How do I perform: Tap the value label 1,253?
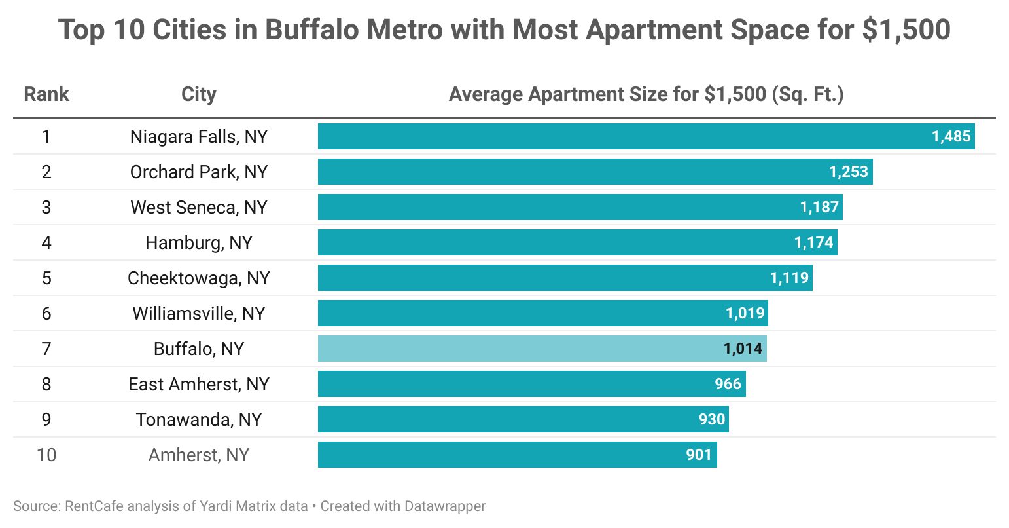(x=849, y=172)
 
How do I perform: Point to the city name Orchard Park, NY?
(x=199, y=172)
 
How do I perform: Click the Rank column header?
(x=46, y=94)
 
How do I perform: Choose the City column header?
(x=199, y=94)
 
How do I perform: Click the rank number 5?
(x=46, y=278)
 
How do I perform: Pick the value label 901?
(x=699, y=455)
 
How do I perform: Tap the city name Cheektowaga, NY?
(x=199, y=278)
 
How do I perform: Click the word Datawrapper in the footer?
(x=445, y=506)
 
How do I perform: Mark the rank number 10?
(x=46, y=455)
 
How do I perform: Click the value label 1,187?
(x=819, y=207)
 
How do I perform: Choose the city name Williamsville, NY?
(x=199, y=313)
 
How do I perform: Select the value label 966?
(x=728, y=384)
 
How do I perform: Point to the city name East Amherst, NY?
(x=199, y=384)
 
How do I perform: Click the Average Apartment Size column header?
(x=646, y=94)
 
